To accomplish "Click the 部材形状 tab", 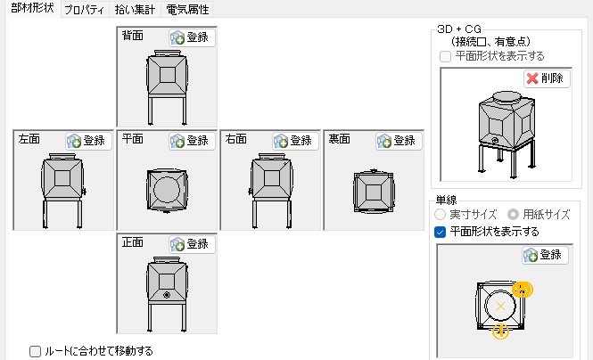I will pos(31,9).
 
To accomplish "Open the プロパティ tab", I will pos(86,9).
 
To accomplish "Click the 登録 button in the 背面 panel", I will pos(192,38).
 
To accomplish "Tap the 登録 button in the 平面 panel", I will pos(192,141).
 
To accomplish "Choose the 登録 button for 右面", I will pos(294,141).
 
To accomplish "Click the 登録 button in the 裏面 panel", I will pos(397,141).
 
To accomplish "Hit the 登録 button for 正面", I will pos(192,243).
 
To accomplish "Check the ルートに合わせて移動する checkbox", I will pos(36,351).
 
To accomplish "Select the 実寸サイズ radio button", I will pos(440,215).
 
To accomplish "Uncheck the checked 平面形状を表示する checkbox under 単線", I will pos(440,232).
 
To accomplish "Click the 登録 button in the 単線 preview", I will pos(544,255).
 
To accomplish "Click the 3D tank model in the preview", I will pos(504,129).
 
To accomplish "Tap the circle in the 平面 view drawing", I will pos(167,189).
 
